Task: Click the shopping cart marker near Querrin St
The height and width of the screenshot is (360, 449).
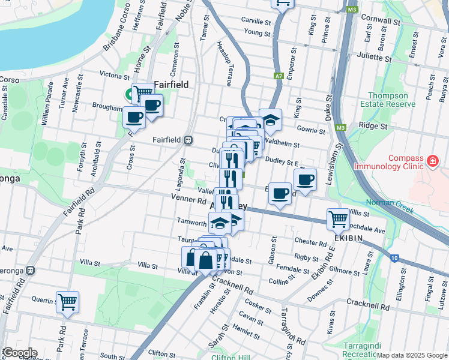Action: (x=67, y=302)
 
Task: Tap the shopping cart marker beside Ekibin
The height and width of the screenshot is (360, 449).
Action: (x=339, y=219)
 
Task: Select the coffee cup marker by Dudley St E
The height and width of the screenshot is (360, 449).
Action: (x=305, y=179)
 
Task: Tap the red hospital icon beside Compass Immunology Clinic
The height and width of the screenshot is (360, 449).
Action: (x=432, y=161)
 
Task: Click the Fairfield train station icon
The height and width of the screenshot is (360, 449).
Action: (x=188, y=140)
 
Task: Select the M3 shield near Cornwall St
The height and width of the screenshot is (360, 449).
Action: (x=352, y=10)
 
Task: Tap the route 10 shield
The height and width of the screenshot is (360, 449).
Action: (x=394, y=258)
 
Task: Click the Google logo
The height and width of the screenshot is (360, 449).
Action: (x=19, y=353)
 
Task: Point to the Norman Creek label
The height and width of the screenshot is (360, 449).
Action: (x=387, y=203)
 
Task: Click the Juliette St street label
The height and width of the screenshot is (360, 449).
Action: (x=374, y=58)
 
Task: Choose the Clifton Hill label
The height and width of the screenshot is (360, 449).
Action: (x=231, y=358)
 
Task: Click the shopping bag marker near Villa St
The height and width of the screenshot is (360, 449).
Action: (x=205, y=260)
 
